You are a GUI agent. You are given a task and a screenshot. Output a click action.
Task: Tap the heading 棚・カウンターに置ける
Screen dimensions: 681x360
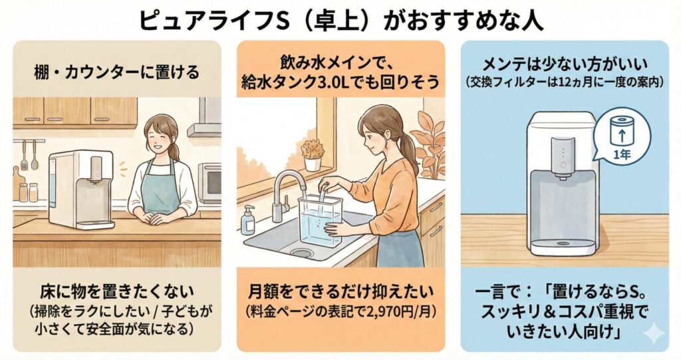117,72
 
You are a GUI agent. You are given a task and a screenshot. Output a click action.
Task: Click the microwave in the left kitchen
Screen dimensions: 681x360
209,180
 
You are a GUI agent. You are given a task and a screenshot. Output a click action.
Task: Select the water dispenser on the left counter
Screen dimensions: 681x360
80,190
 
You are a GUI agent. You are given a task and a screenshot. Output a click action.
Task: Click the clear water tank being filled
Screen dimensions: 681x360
320,220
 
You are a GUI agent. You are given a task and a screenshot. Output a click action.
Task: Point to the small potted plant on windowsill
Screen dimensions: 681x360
313,155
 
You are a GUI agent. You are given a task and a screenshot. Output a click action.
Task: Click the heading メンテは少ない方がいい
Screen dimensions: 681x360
565,65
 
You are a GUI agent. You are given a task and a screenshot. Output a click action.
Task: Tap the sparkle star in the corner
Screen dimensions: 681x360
654,335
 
